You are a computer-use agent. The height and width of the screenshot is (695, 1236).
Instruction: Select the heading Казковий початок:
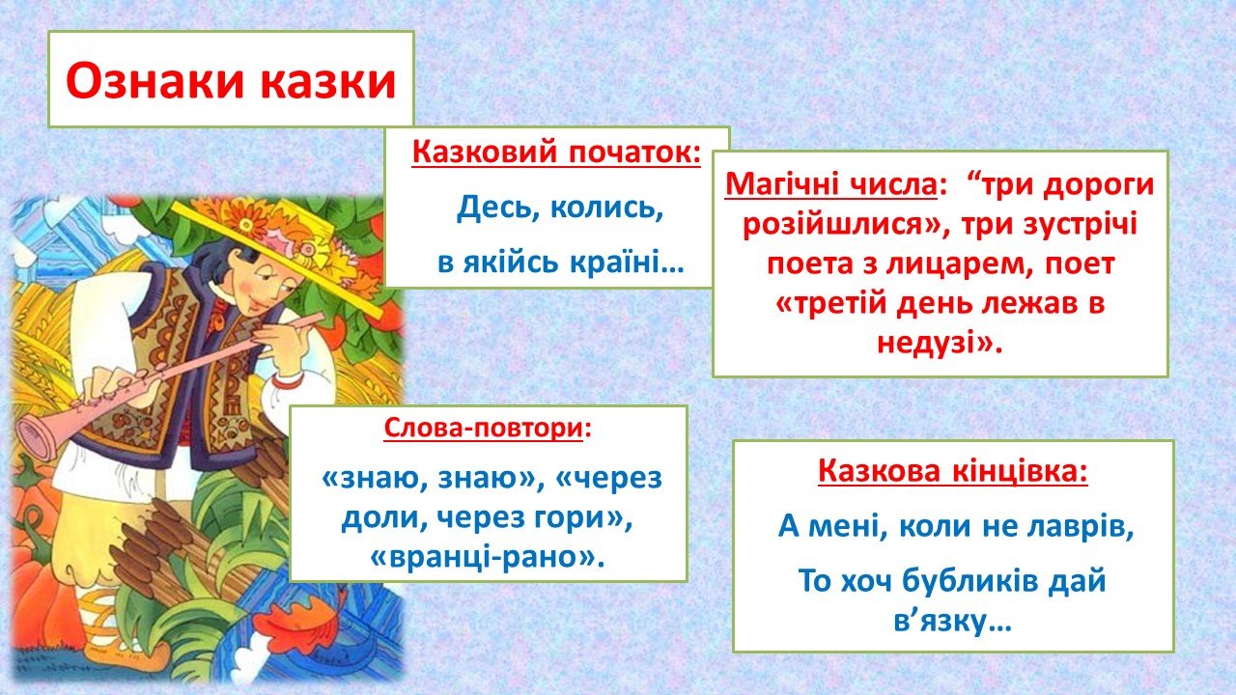(556, 152)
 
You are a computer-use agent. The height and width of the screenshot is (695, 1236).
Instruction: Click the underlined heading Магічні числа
(831, 183)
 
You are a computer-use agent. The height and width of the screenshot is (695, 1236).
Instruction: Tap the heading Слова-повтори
(484, 428)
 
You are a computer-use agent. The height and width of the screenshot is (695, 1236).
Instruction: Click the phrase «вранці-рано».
(488, 557)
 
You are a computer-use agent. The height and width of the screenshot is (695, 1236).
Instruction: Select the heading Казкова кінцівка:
(953, 471)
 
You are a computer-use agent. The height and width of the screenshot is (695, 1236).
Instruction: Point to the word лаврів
(1081, 526)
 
